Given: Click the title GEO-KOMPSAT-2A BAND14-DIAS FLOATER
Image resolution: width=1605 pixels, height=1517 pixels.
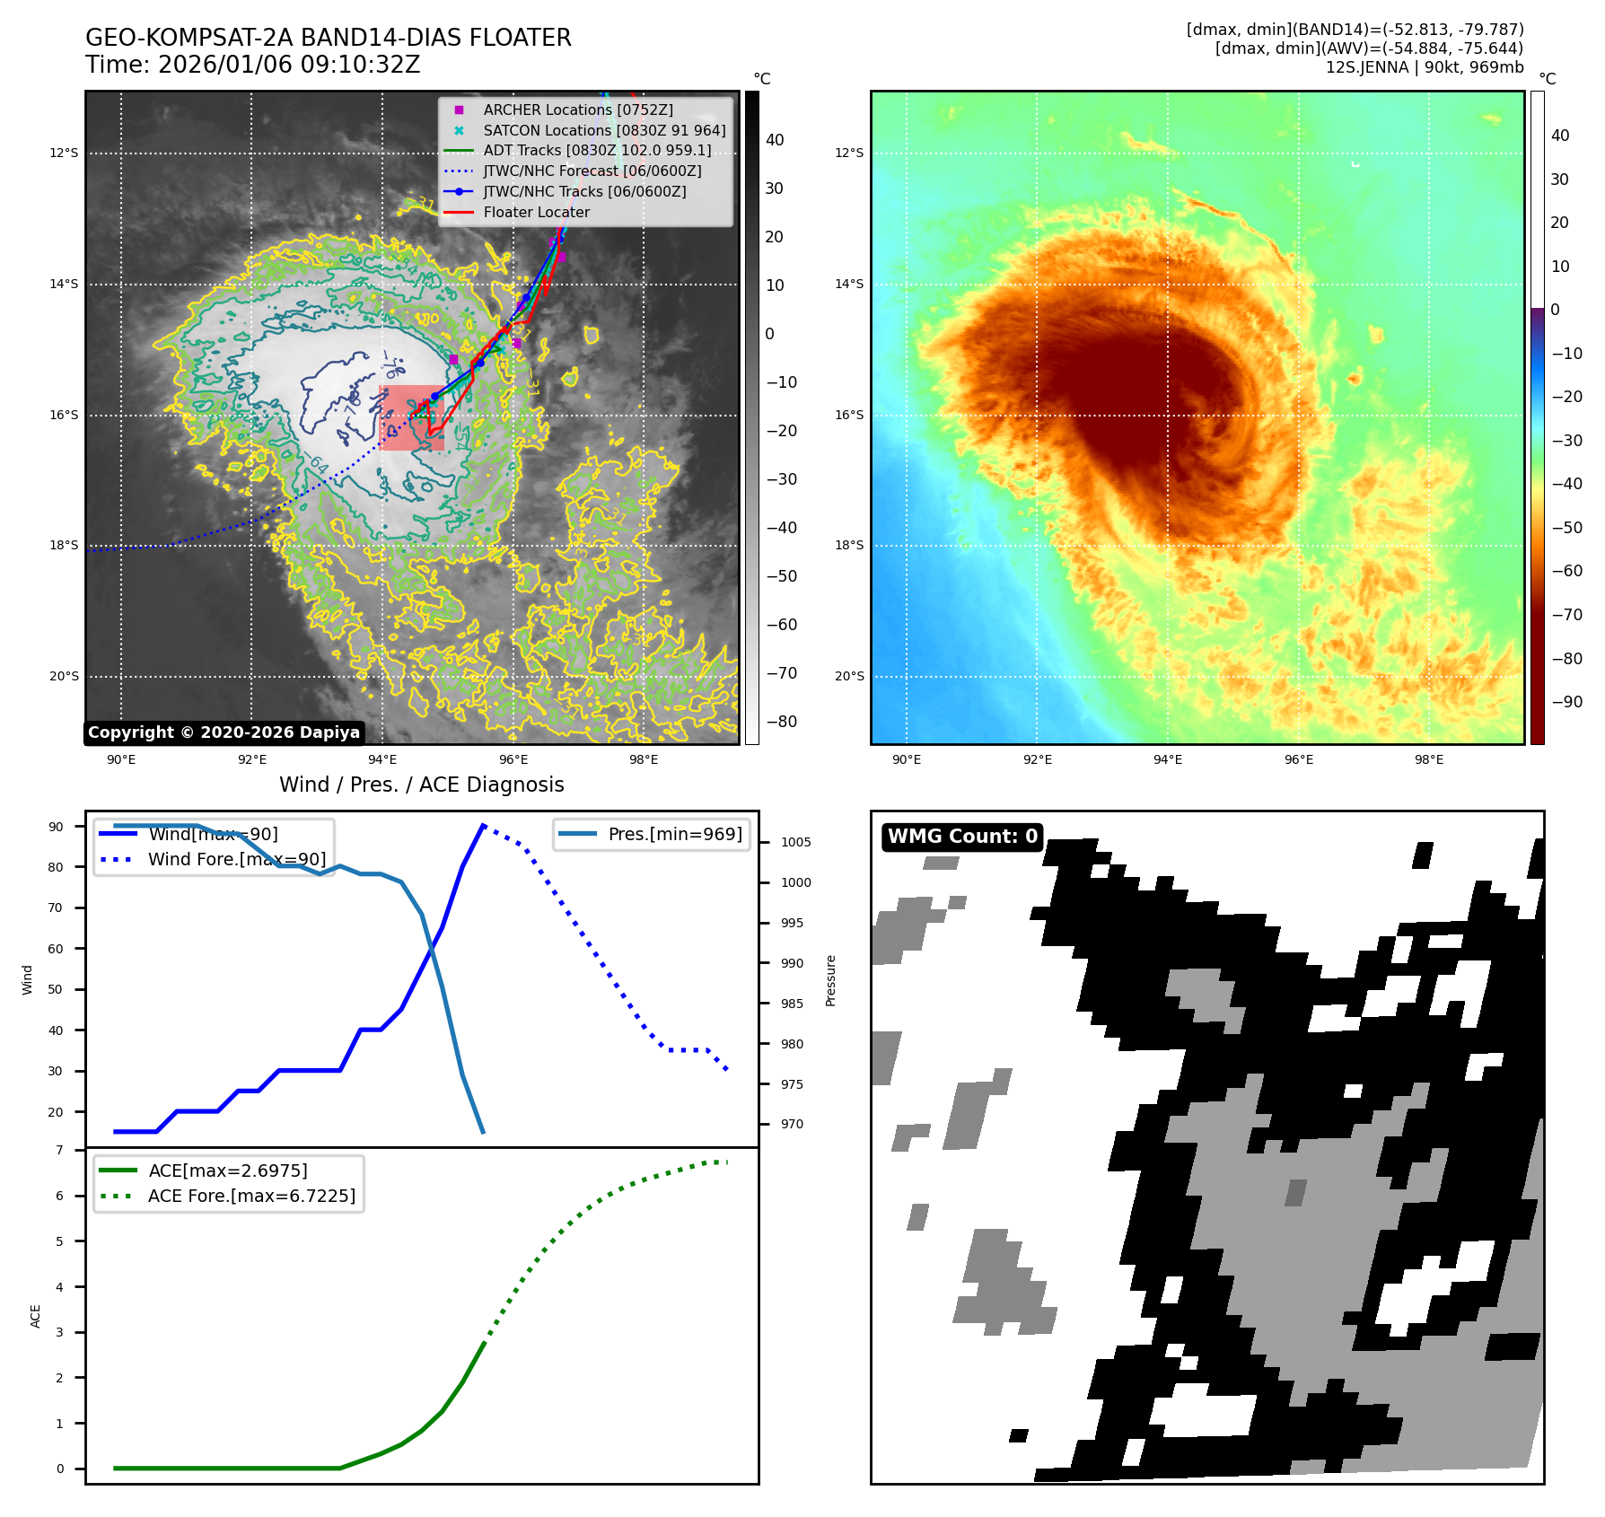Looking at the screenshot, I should coord(328,38).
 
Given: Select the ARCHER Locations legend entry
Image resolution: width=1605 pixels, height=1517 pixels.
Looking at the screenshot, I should coord(577,110).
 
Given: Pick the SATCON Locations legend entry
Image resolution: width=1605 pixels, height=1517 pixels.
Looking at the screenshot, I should coord(603,130).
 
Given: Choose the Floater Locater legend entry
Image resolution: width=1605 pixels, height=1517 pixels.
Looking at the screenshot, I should coord(536,213).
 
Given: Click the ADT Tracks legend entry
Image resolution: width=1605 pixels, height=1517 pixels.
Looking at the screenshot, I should coord(597,151).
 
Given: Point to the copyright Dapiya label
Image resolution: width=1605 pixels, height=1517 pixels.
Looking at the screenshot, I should coord(224,732).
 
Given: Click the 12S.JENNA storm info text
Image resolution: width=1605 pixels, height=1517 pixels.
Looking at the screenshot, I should coord(1424,67).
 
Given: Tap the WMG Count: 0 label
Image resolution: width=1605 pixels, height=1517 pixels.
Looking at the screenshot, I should coord(961,837).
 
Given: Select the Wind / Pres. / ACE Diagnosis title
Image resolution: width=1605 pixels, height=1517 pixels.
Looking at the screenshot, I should coord(421,785).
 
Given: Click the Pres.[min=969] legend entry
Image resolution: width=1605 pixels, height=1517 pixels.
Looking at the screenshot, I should coord(674,834).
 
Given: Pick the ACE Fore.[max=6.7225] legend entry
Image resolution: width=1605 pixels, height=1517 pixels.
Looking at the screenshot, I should coord(251,1196).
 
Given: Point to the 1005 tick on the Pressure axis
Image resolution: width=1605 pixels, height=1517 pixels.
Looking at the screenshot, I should coord(795,842).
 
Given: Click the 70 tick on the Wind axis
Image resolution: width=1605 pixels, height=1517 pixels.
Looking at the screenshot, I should coord(56,908).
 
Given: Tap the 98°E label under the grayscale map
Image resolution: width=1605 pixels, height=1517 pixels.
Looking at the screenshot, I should coord(643,759).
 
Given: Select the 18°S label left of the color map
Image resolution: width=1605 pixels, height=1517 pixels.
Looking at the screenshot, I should coord(848,546).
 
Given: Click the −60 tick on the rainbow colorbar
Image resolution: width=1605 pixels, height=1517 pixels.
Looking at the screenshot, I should coord(1566,571).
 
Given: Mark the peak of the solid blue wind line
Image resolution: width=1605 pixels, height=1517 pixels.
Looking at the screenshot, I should coord(483,825).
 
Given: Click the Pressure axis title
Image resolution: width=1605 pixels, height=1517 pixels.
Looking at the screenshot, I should coord(830,980).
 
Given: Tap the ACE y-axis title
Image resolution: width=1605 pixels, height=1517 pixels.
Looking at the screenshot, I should coord(36,1316).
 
